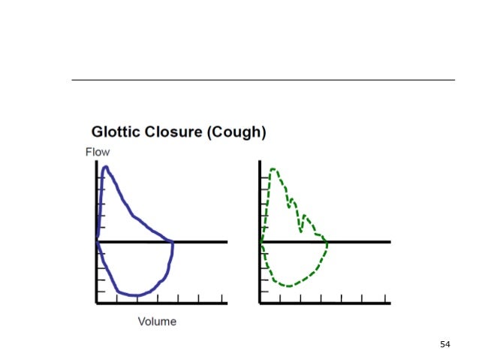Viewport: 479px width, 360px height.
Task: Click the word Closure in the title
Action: (175, 133)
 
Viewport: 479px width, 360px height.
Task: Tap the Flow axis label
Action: (97, 153)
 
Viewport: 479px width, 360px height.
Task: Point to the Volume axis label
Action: (157, 322)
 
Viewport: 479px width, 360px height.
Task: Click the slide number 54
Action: (445, 343)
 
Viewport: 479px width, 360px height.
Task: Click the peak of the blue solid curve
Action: (105, 168)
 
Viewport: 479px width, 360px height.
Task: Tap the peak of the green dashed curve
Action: (273, 169)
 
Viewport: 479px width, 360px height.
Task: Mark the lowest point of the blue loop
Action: (134, 295)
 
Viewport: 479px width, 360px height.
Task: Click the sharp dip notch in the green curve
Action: (301, 231)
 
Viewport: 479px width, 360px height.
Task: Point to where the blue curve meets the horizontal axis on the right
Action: (173, 242)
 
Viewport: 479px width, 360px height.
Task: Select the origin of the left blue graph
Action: (97, 242)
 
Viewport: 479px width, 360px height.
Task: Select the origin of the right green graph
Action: (261, 242)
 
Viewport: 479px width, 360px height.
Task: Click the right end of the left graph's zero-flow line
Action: (227, 242)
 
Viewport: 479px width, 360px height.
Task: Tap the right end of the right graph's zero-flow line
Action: (390, 242)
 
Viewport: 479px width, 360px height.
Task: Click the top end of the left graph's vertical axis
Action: (96, 162)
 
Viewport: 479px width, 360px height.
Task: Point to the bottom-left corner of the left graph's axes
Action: (97, 303)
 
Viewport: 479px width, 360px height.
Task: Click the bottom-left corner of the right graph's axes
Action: (261, 303)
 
